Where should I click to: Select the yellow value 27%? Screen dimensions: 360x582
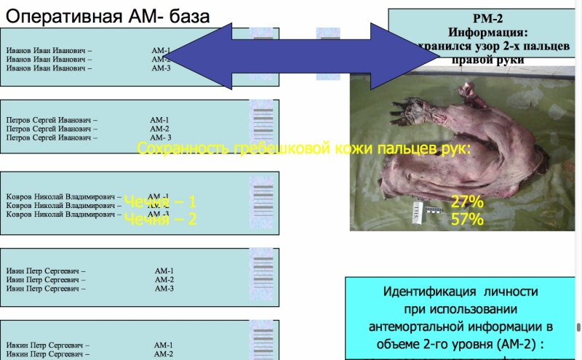pos(467,202)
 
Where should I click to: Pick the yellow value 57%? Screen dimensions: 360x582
pos(467,219)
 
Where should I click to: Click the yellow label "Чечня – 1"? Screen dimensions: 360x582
pos(160,202)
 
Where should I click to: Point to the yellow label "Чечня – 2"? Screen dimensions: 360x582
pos(160,219)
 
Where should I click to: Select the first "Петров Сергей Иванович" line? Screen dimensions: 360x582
pos(52,120)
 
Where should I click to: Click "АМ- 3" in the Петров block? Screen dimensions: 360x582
pos(161,137)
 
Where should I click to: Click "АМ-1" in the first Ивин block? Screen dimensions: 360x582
pos(164,271)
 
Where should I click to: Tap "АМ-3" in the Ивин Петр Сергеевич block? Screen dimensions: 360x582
pos(164,289)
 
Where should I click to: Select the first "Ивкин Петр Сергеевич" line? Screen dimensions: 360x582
pos(48,345)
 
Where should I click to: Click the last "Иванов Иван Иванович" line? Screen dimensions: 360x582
pos(49,68)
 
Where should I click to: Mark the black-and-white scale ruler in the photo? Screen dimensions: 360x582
pos(434,211)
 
